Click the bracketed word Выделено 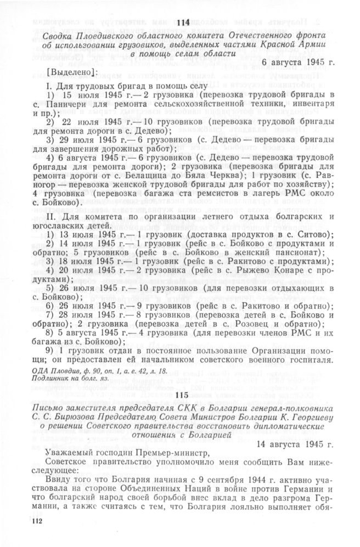point(71,72)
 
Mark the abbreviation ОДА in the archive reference point(34,371)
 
